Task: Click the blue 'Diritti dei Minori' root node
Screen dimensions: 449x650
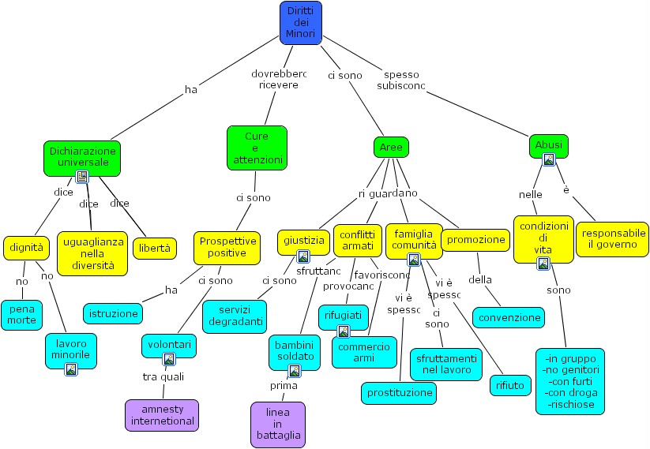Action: (301, 22)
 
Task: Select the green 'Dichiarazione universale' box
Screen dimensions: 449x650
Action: (82, 156)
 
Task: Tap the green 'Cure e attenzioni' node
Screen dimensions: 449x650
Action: (257, 148)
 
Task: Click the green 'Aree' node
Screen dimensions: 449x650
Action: (391, 148)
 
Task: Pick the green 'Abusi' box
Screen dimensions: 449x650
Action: (548, 145)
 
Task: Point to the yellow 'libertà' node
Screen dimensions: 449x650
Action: (154, 248)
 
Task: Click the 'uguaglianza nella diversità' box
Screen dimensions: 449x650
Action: (92, 253)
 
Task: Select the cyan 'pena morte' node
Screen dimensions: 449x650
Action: (22, 313)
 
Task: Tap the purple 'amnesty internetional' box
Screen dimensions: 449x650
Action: (162, 414)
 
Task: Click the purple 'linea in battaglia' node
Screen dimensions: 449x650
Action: (277, 424)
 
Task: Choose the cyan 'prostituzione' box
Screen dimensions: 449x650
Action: (400, 392)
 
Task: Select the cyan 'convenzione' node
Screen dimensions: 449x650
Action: (509, 318)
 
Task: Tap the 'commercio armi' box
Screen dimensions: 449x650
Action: (363, 352)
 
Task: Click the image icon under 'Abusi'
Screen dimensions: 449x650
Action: (548, 159)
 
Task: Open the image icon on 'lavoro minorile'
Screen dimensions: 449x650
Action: (71, 369)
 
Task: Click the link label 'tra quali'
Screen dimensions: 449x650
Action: (163, 376)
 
